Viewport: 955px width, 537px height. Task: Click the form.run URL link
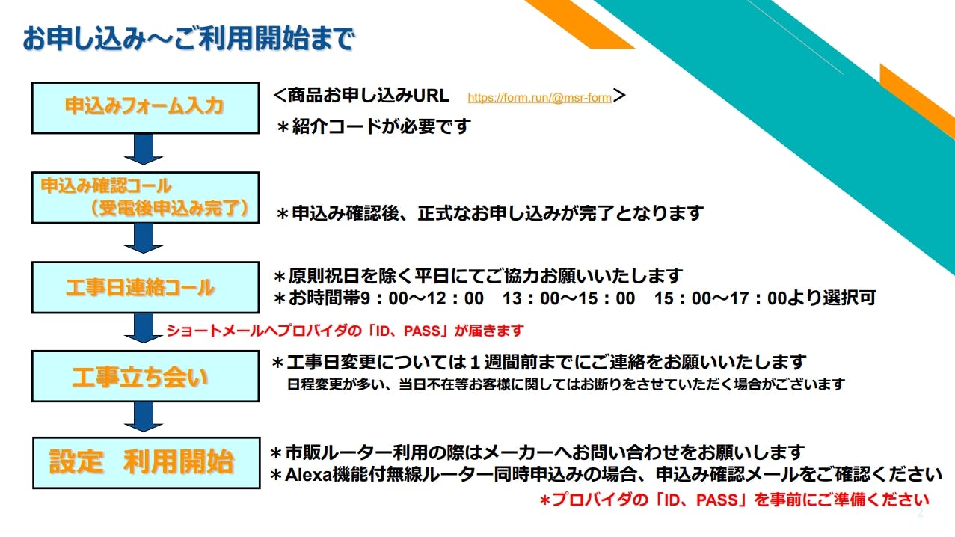pos(539,98)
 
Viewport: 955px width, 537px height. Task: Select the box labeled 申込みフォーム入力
pos(145,108)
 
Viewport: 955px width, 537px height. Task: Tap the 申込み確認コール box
pos(145,197)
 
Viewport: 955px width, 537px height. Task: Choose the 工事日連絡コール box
pos(145,287)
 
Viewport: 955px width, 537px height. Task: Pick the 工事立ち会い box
pos(145,377)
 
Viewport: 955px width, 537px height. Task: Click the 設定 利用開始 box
pos(147,463)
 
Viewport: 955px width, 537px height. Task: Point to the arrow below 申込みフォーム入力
pos(144,150)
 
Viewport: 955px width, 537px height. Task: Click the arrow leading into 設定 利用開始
pos(144,417)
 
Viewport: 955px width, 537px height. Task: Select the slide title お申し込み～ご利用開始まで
pos(188,38)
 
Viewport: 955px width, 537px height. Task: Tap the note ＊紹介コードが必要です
pos(373,126)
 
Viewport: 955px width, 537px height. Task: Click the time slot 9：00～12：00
pos(423,298)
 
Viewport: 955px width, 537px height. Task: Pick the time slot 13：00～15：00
pos(568,298)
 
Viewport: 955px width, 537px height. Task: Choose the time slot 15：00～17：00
pos(720,298)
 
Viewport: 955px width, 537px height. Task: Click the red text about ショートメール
pos(345,331)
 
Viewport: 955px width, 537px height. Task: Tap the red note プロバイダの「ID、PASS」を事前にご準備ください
pos(734,500)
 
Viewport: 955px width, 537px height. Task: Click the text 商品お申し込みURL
pos(369,95)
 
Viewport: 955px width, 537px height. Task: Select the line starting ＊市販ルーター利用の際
pos(537,452)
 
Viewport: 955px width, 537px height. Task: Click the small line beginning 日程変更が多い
pos(566,384)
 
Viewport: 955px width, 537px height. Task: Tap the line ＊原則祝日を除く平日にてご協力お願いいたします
pos(478,277)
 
